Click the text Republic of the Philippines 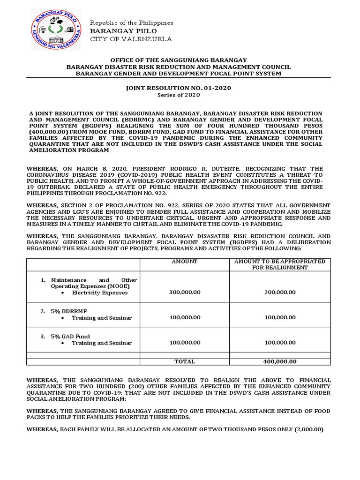click(x=131, y=22)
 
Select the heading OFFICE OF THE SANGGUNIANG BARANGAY click(x=179, y=60)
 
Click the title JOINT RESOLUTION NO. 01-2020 click(x=179, y=88)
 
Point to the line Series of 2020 click(x=179, y=95)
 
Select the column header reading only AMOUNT click(x=184, y=261)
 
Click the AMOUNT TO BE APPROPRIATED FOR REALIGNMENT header click(x=279, y=264)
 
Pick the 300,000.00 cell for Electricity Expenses click(x=184, y=292)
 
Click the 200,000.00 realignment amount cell click(x=279, y=292)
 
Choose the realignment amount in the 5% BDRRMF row click(x=279, y=317)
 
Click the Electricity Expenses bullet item click(x=99, y=292)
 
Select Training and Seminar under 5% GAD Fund click(x=102, y=343)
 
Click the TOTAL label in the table click(x=184, y=361)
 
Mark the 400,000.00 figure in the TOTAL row click(x=279, y=361)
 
